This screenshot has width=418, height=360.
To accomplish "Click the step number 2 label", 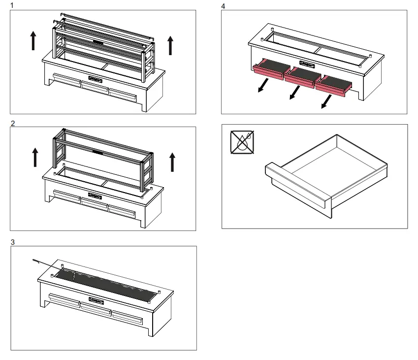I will [x=12, y=124].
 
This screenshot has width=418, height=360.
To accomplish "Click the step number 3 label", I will [x=12, y=242].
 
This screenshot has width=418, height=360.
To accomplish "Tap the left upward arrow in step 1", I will [x=32, y=40].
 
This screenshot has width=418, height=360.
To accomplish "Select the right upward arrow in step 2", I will [x=172, y=162].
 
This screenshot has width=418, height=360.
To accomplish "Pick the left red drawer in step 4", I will [x=268, y=68].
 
